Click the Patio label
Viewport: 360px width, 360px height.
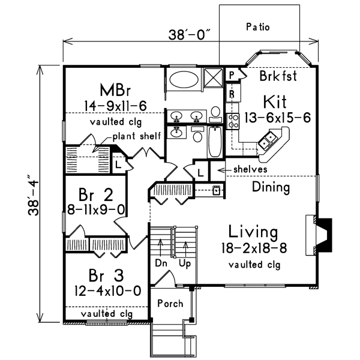coord(259,27)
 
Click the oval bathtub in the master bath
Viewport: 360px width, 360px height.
coord(181,79)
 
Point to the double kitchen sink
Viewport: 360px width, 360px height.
coord(268,142)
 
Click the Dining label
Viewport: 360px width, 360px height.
coord(270,187)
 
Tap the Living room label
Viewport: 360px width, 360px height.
coord(253,232)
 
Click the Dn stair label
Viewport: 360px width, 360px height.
coord(160,263)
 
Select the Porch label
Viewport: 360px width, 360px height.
coord(170,304)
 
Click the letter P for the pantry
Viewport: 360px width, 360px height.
coord(232,75)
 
